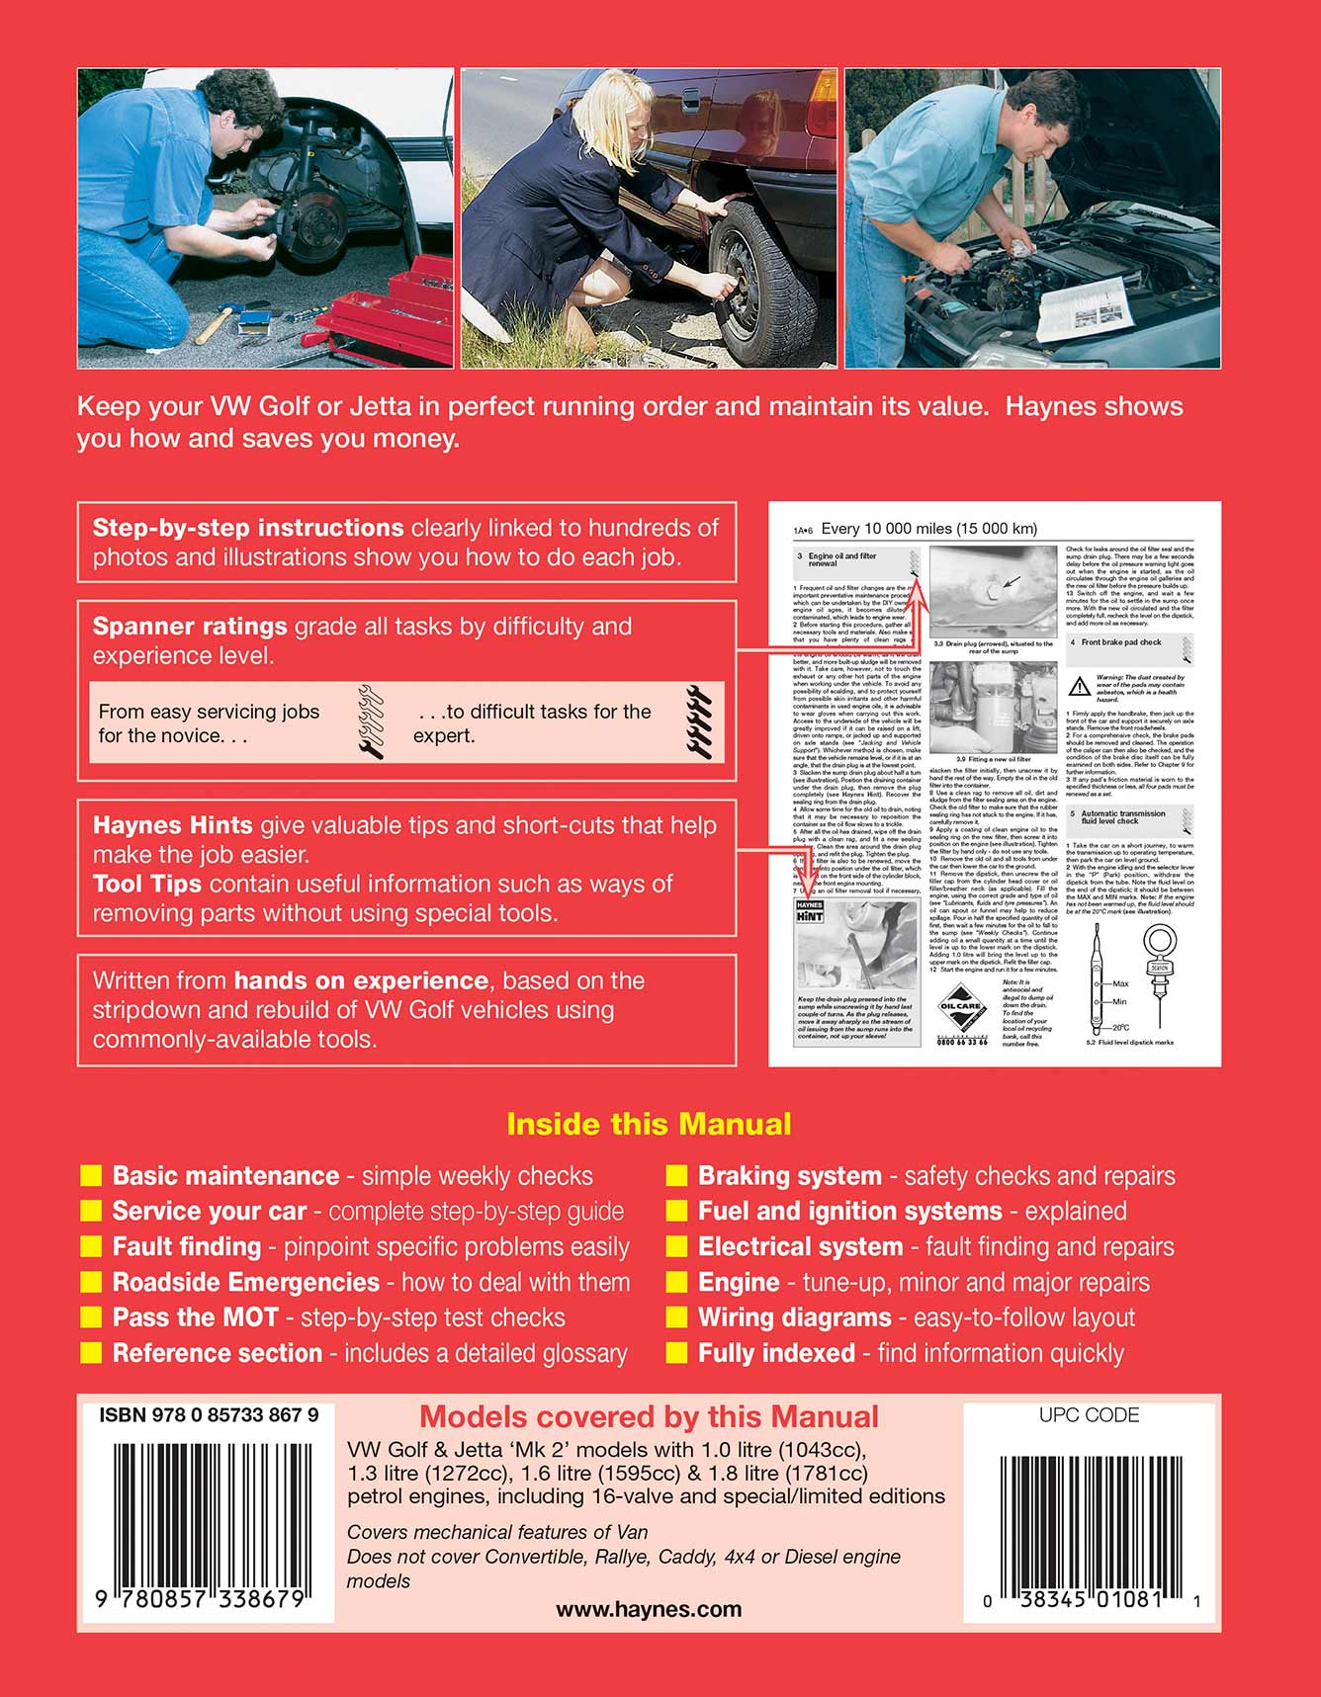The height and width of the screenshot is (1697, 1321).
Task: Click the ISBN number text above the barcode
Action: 208,1415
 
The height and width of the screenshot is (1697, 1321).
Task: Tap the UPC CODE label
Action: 1089,1415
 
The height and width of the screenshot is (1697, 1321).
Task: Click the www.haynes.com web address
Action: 649,1609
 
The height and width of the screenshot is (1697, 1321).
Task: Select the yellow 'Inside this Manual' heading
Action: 649,1124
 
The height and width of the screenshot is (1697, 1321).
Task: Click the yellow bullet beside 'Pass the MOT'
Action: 91,1317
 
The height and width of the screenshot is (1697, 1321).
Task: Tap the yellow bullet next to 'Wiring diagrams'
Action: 676,1317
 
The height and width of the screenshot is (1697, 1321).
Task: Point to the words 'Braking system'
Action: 789,1176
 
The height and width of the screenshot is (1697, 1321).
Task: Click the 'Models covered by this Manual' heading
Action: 649,1417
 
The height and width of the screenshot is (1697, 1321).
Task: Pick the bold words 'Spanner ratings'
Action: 190,627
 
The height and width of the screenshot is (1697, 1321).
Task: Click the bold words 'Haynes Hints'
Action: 173,825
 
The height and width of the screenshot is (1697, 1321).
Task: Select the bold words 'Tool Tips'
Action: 147,884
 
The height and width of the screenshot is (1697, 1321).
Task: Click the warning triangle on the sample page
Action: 1079,687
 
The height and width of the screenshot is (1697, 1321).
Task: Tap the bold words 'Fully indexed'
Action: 776,1353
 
